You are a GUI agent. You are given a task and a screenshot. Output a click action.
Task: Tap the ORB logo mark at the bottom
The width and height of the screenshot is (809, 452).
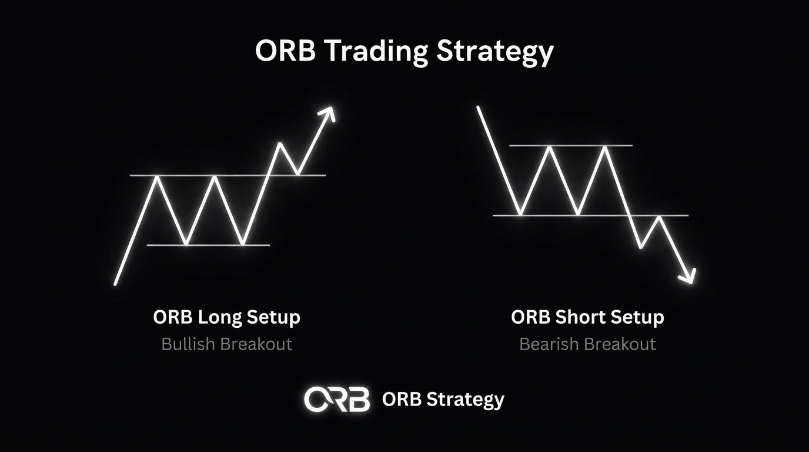[337, 399]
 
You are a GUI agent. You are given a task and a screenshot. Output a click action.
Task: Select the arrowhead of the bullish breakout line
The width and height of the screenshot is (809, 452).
[328, 113]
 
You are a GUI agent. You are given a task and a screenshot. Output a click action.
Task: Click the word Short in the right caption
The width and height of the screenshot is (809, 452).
[580, 317]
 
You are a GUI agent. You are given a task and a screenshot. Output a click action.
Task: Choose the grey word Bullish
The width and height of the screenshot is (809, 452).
[188, 344]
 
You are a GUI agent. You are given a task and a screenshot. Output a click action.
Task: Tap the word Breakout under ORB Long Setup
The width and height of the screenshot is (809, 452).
[256, 344]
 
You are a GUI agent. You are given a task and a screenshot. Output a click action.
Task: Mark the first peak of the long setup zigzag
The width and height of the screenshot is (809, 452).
[157, 177]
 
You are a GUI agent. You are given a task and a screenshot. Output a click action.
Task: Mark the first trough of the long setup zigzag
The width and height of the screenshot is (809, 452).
[186, 244]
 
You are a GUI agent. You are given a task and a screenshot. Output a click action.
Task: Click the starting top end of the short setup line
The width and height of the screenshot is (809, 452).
[478, 107]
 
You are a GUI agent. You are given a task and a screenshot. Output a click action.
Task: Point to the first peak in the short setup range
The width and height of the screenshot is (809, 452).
[549, 147]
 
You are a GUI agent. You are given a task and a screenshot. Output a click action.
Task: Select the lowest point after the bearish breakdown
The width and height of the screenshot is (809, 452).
[640, 247]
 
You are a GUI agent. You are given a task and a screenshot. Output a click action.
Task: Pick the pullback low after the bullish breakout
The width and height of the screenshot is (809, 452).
[297, 174]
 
